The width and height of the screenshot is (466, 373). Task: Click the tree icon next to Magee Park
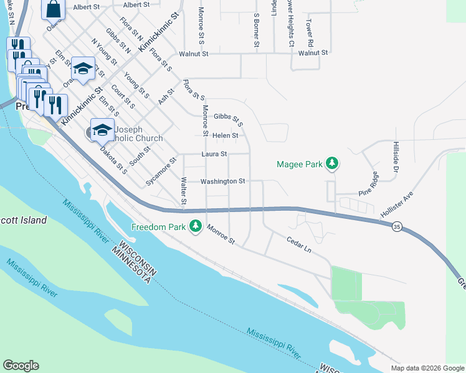333,164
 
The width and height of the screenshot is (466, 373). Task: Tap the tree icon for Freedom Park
196,226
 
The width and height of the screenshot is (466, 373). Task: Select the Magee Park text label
300,165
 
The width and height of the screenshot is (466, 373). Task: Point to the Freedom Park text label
159,227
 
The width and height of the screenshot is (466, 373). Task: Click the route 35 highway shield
397,228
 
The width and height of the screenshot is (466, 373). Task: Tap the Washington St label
223,181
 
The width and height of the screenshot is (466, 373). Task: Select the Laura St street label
214,154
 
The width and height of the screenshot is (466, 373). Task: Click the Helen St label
226,136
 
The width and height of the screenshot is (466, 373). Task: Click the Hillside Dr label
395,156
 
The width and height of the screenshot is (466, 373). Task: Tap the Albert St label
86,6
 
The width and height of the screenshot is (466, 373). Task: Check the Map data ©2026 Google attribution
427,368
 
